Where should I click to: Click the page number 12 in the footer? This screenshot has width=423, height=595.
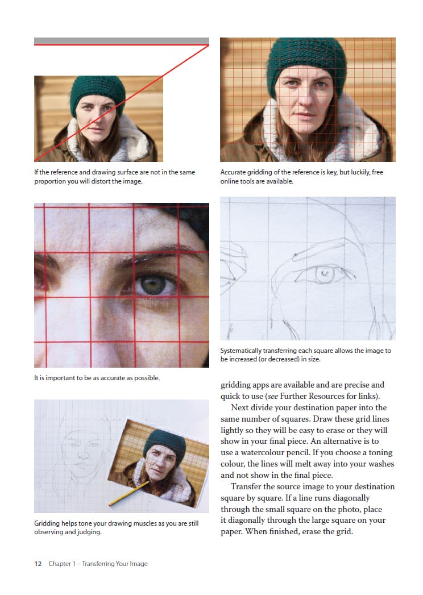38,564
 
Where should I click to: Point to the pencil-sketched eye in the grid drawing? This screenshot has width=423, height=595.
324,274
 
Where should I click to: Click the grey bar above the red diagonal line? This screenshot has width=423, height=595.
122,40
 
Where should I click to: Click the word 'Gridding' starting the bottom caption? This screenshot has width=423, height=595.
47,523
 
